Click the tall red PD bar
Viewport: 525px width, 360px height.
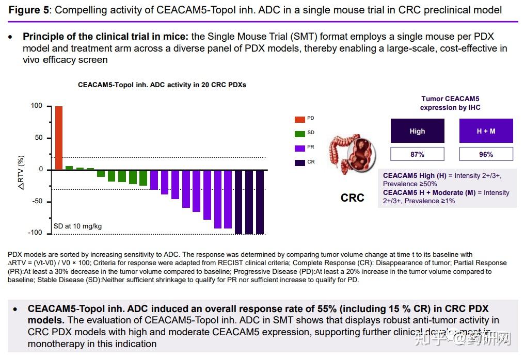(x=59, y=138)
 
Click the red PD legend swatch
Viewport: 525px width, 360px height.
(x=299, y=119)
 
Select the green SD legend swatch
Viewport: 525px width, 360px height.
(x=299, y=134)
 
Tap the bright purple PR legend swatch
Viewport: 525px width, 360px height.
(x=299, y=148)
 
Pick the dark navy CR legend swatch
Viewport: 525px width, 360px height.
(x=299, y=162)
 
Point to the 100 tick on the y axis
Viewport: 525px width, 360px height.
(x=37, y=106)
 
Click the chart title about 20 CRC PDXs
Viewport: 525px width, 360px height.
(x=162, y=85)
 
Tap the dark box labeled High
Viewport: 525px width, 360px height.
(x=417, y=131)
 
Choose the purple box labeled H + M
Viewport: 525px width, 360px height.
(x=486, y=131)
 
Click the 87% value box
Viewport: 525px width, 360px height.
(x=417, y=154)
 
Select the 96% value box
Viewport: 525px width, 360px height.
(x=486, y=154)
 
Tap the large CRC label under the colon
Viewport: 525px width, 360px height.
(x=353, y=198)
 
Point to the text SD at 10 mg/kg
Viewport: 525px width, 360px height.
(x=77, y=226)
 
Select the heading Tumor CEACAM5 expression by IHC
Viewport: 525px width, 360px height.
(x=450, y=103)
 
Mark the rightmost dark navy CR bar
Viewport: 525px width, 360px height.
(x=260, y=202)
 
